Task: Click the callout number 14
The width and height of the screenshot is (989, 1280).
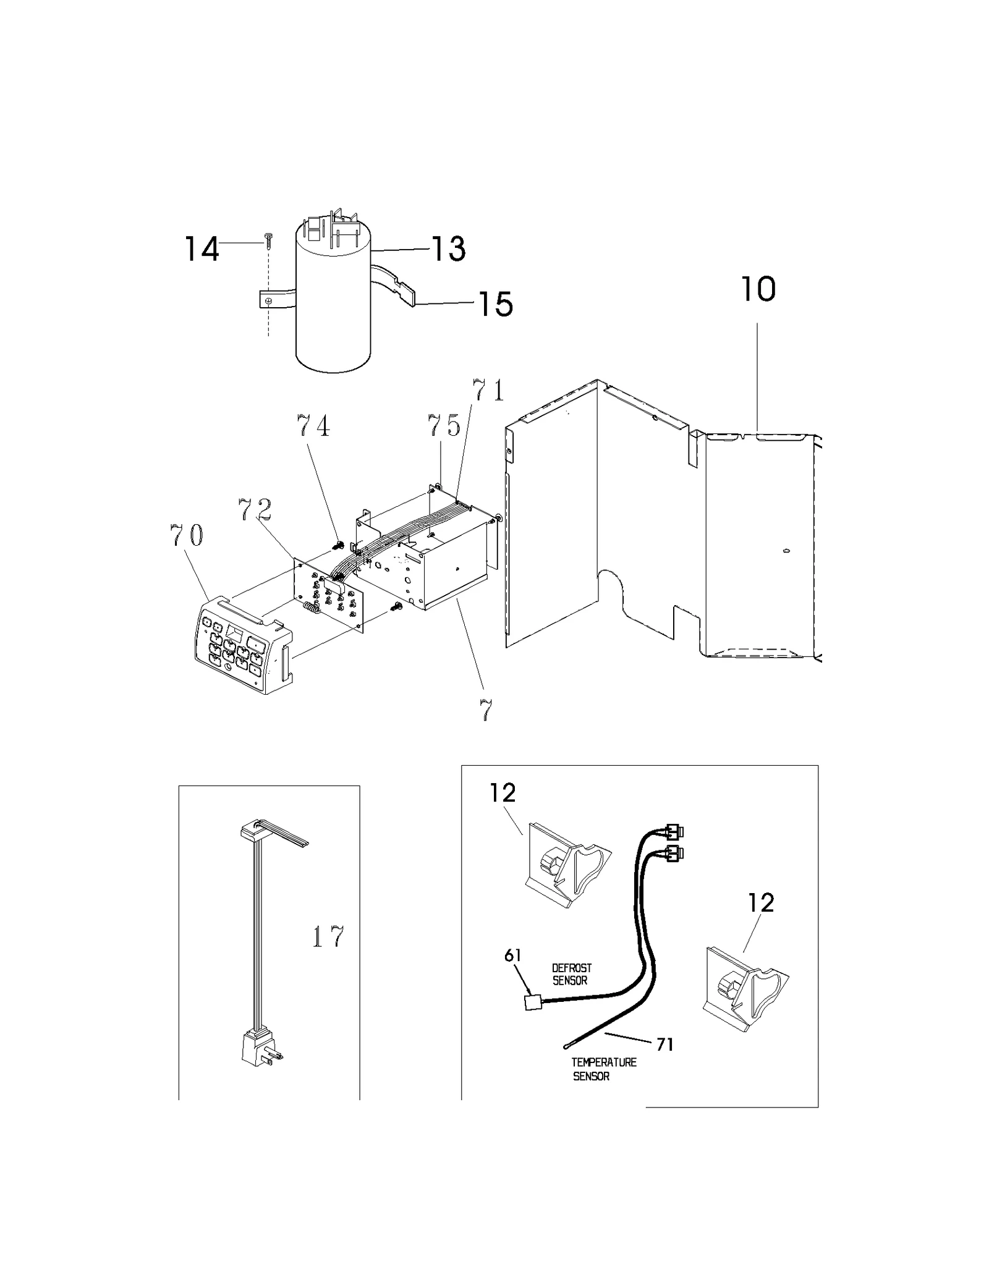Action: point(202,249)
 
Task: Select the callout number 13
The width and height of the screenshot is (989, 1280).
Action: point(448,248)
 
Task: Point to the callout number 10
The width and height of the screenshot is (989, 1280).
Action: point(758,289)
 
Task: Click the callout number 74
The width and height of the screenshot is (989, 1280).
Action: point(313,426)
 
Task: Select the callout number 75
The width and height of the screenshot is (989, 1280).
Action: point(444,426)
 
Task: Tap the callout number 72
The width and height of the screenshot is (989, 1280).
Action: point(255,510)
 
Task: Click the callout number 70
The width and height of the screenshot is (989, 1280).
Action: point(186,535)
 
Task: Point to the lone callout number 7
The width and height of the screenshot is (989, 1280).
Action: point(486,711)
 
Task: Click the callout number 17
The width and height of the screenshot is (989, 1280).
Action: point(328,937)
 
